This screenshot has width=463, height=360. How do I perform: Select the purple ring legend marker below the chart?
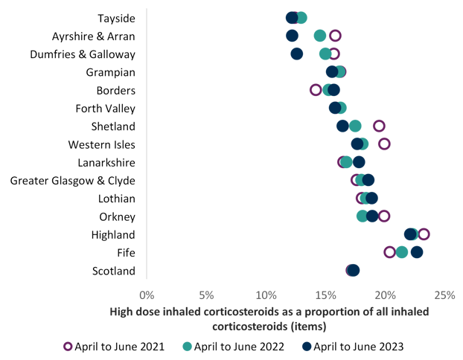click(x=68, y=346)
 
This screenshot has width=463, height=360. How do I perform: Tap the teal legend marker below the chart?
click(x=187, y=346)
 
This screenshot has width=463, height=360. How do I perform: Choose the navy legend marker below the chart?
click(x=307, y=346)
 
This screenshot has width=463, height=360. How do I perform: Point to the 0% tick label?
click(x=147, y=295)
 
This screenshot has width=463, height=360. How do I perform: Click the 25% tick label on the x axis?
click(x=444, y=295)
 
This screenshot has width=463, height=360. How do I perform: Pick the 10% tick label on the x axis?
click(x=266, y=295)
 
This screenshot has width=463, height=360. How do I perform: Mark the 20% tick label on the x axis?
click(x=385, y=295)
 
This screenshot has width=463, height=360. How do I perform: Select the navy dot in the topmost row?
click(x=292, y=18)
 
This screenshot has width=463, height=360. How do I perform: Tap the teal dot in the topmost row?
click(x=301, y=18)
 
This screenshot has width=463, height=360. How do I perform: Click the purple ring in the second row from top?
click(x=335, y=36)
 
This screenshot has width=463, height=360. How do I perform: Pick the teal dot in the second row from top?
click(x=320, y=36)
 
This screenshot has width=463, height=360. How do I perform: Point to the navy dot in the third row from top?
click(x=296, y=54)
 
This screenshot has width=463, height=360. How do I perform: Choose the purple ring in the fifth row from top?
click(x=316, y=90)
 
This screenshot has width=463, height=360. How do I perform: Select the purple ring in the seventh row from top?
click(x=380, y=126)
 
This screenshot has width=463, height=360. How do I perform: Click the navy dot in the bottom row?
click(x=354, y=270)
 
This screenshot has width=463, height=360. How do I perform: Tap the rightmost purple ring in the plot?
click(x=424, y=234)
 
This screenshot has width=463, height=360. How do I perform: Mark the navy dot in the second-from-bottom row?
click(x=417, y=252)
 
